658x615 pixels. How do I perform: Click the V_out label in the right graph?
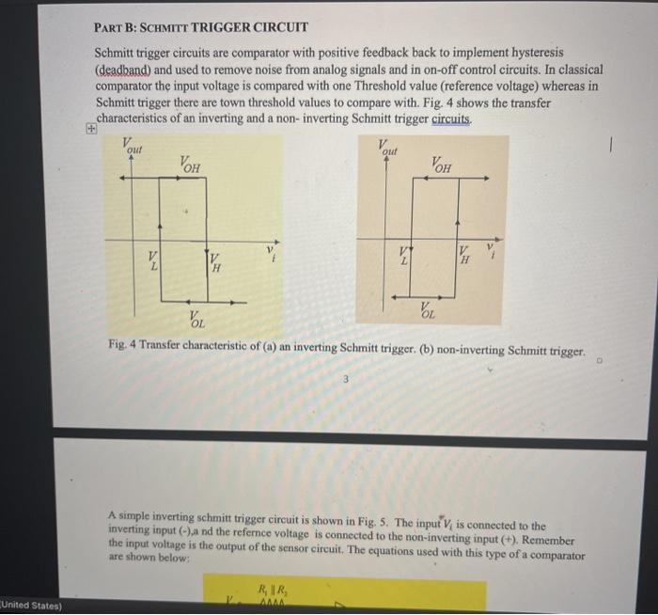(x=387, y=147)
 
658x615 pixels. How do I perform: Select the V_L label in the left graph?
(x=154, y=260)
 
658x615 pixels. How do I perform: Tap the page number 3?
(x=345, y=379)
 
